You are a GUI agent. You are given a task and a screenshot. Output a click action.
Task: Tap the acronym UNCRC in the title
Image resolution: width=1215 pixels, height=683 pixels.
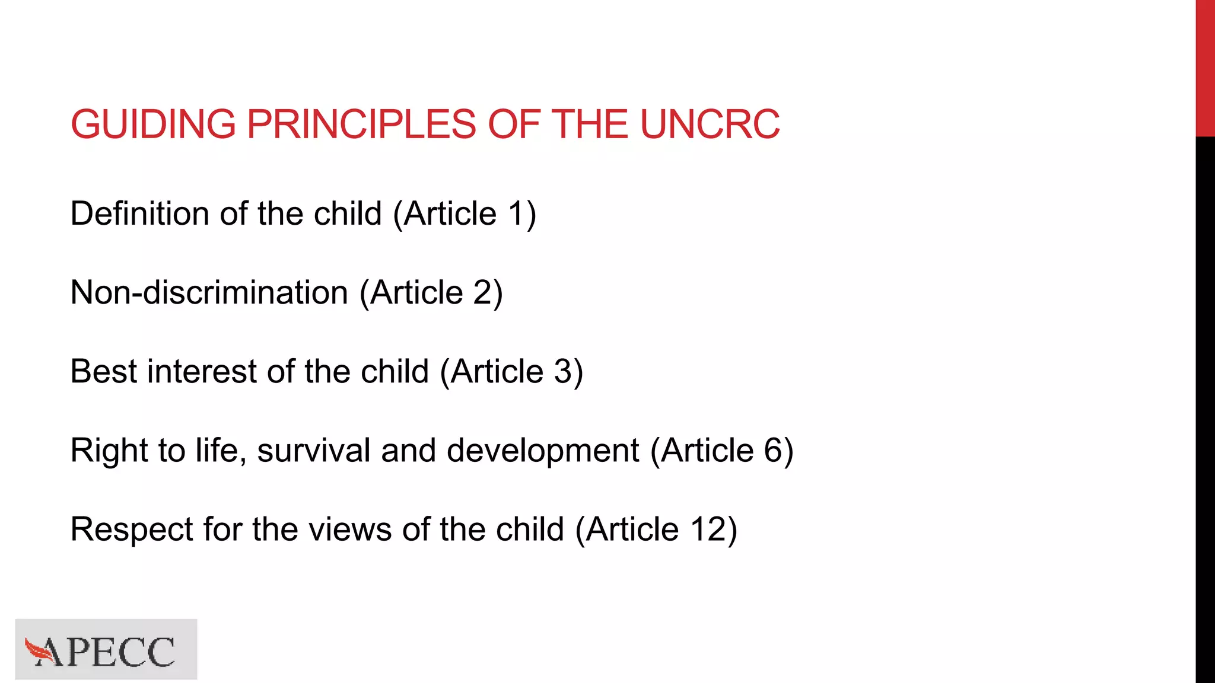(x=710, y=125)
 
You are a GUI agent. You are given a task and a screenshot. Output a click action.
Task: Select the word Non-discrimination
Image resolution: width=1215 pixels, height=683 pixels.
(x=209, y=292)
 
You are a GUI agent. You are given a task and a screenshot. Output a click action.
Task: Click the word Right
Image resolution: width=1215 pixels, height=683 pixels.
(x=109, y=450)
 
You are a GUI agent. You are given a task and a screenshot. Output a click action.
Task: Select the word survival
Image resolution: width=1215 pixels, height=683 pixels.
(x=314, y=450)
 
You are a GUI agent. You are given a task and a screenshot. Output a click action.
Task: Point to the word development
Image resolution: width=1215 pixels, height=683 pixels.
(x=543, y=451)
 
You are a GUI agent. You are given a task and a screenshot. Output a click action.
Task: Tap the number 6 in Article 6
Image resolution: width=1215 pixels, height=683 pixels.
(x=774, y=450)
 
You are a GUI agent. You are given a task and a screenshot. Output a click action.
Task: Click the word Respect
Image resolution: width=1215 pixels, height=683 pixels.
(x=131, y=529)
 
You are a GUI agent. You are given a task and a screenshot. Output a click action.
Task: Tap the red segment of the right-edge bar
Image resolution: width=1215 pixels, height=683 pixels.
(x=1205, y=68)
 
